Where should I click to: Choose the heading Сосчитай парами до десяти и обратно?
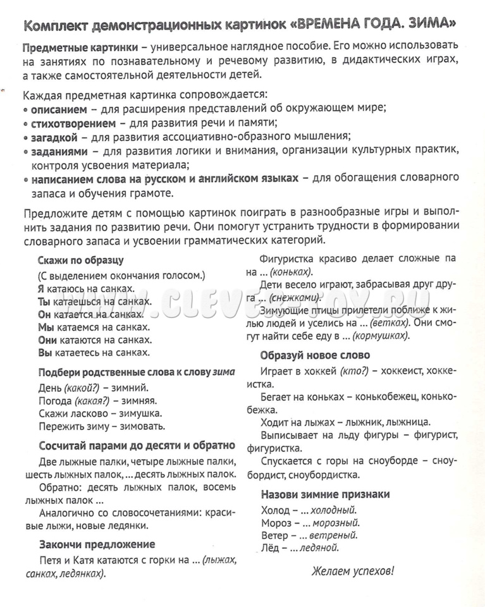[137, 445]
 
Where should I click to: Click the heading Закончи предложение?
[97, 544]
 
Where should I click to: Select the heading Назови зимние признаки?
[325, 494]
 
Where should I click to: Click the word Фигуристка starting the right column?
[292, 258]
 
